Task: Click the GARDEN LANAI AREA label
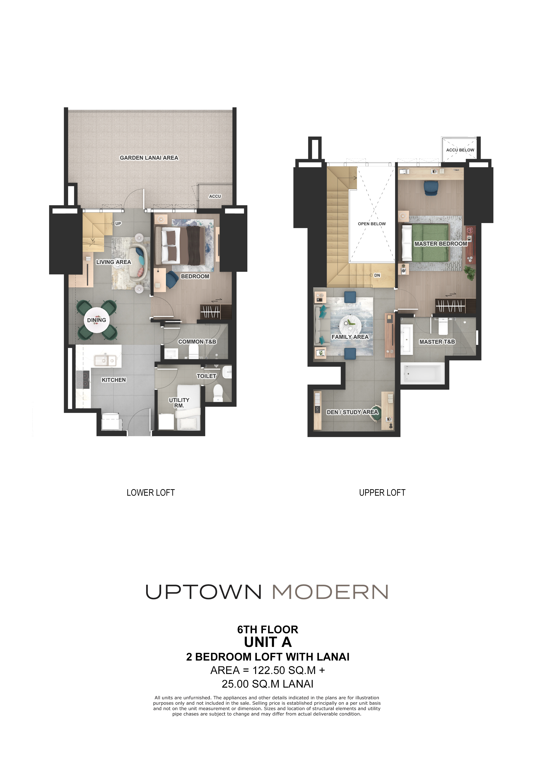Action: tap(149, 158)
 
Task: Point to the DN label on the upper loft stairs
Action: tap(377, 275)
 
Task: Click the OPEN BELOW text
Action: tap(372, 224)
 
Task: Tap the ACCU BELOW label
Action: tap(460, 150)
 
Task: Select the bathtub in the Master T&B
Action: tap(422, 373)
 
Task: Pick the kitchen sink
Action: tap(105, 360)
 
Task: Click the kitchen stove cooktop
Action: tap(83, 379)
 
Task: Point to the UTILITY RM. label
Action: tap(179, 403)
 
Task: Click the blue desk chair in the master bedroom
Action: tap(431, 188)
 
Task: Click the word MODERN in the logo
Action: tap(330, 592)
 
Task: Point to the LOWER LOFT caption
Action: tap(151, 493)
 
